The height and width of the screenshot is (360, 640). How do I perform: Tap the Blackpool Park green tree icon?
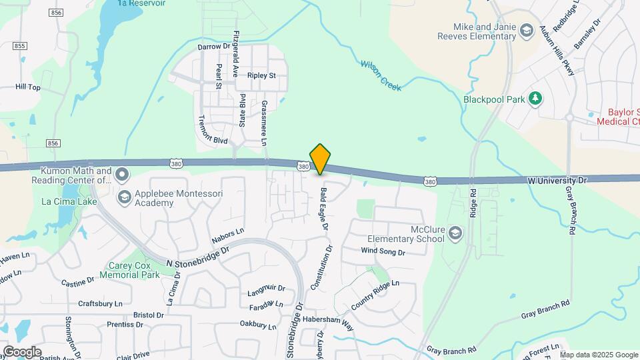[535, 99]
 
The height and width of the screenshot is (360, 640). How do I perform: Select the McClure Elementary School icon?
[455, 233]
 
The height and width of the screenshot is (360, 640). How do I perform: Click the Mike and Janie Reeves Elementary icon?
[527, 31]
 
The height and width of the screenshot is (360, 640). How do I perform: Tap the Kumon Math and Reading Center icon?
[121, 175]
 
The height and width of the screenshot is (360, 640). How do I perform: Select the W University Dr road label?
[557, 180]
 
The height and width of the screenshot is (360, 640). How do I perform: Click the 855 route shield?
[20, 45]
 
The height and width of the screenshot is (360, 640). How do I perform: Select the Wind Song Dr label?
[383, 251]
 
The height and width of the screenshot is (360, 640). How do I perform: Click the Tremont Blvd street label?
[213, 131]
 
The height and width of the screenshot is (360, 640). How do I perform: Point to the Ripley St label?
[261, 76]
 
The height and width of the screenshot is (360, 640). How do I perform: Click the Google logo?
[22, 351]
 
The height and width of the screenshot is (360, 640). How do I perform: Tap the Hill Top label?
[28, 87]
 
